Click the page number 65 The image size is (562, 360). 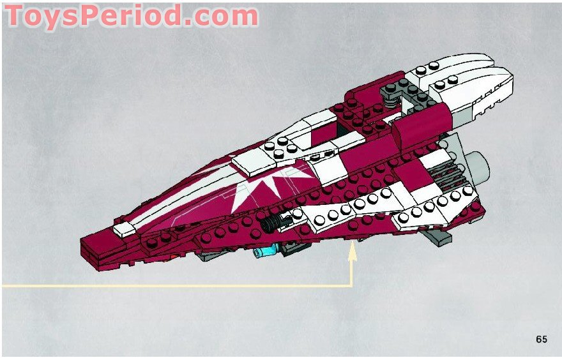tap(542, 339)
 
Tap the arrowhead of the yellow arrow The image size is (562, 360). tap(351, 253)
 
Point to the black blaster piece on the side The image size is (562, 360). tap(277, 222)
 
